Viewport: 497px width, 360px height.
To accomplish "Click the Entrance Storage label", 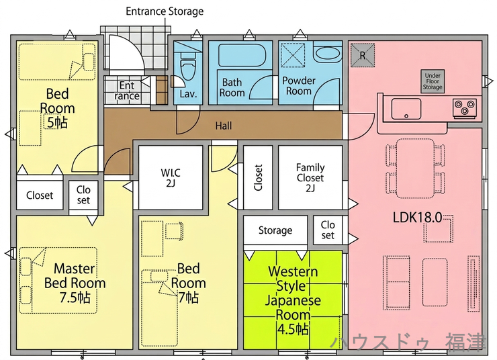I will (165, 11).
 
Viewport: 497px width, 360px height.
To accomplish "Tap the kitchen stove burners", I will (464, 105).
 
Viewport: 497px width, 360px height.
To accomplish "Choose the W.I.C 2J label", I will (171, 177).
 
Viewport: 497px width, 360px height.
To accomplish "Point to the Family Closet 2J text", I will (310, 178).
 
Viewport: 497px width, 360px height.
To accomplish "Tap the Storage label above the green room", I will (275, 230).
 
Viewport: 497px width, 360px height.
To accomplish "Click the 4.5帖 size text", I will (293, 330).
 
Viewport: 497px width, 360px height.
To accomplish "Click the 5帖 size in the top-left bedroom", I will (57, 122).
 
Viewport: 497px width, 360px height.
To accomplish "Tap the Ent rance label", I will (127, 91).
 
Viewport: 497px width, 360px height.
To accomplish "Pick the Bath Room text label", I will (232, 87).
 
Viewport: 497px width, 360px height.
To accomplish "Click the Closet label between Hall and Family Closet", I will (258, 178).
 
